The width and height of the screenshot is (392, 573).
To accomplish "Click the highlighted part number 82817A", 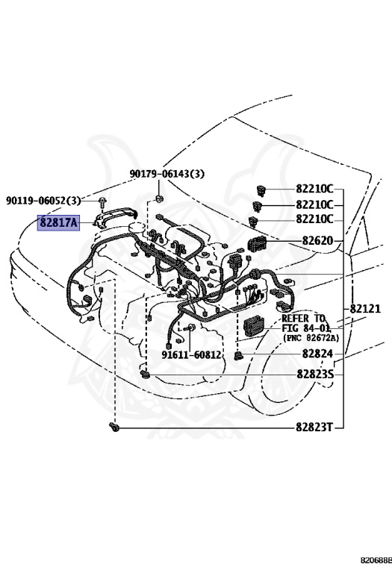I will click(57, 222).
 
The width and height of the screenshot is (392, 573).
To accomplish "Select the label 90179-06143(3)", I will click(167, 174).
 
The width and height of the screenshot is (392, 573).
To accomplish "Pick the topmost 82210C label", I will click(314, 189).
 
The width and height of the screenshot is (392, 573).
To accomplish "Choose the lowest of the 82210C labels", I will click(314, 219).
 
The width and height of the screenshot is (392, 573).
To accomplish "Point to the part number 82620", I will click(317, 241).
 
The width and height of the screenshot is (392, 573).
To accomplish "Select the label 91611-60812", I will click(192, 354).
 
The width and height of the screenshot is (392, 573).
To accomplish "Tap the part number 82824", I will click(317, 354).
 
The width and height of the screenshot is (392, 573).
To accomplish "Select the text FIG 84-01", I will click(307, 328).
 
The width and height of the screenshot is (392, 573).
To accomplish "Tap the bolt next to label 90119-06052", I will click(101, 201).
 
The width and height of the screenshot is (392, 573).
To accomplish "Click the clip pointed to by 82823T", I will click(114, 427).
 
